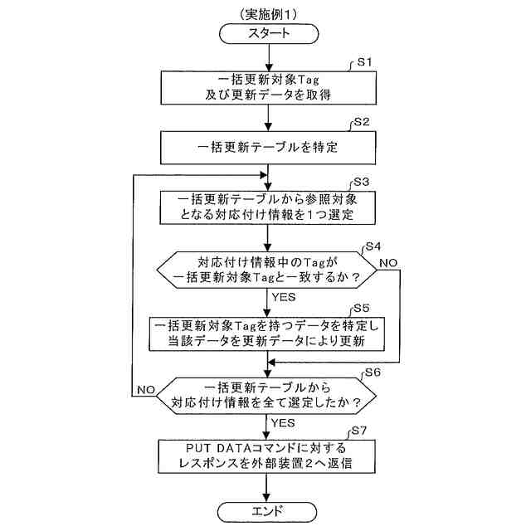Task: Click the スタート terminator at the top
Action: point(268,33)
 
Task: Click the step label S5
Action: point(362,308)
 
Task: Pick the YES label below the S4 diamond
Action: point(284,295)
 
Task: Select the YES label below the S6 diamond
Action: point(284,421)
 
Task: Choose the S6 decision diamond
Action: point(268,396)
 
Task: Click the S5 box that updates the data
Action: point(268,333)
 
